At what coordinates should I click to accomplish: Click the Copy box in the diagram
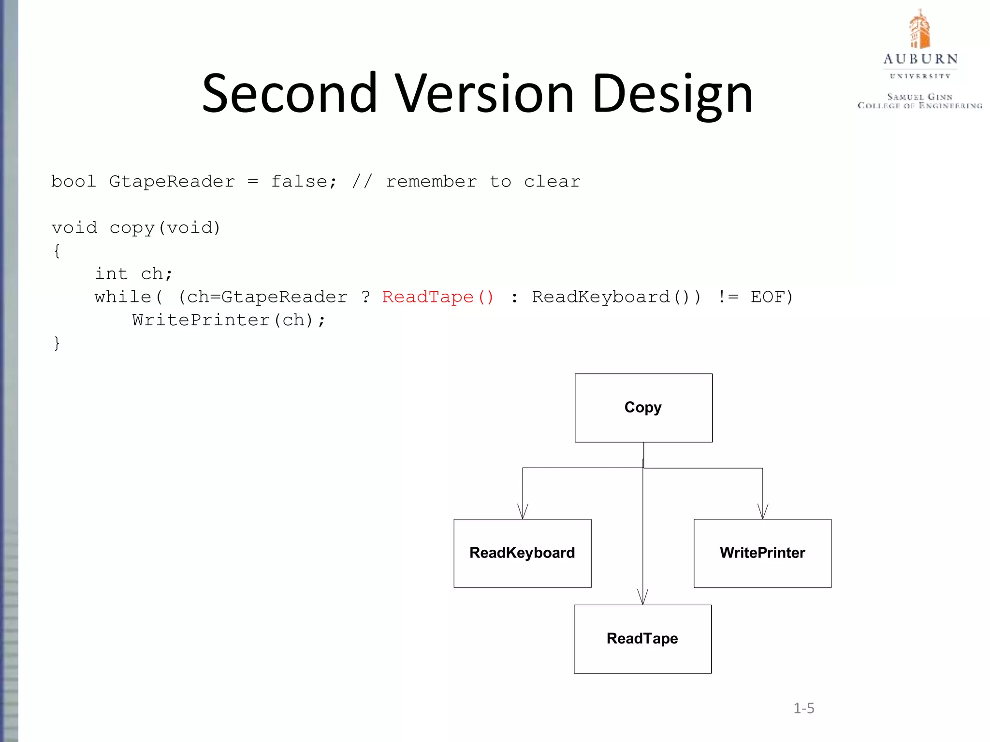tap(643, 408)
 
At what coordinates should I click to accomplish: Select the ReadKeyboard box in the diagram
tap(522, 553)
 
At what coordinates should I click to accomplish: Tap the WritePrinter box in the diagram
tap(762, 553)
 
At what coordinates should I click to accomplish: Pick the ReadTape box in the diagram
tap(642, 639)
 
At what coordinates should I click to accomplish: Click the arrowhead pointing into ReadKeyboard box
tap(523, 512)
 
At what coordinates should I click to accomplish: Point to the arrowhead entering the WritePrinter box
tap(763, 512)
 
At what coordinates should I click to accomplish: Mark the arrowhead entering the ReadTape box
tap(642, 598)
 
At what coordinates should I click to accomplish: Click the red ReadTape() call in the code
tap(438, 297)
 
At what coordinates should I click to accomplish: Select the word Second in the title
tap(289, 93)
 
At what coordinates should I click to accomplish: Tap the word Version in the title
tap(485, 93)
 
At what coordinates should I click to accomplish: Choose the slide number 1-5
tap(803, 708)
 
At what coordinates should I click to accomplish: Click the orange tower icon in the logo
tap(919, 30)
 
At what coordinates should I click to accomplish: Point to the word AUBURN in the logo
tap(920, 59)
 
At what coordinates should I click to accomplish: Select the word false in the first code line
tap(299, 182)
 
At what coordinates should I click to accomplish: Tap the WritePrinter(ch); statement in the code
tap(229, 320)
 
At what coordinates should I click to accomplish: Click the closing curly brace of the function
tap(57, 343)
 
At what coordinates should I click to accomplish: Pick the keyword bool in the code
tap(73, 182)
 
